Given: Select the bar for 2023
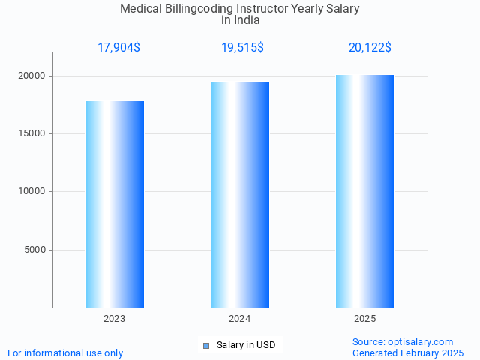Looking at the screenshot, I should click(115, 204).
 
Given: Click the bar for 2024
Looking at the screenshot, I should click(240, 195).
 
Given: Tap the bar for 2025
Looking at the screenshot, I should click(364, 191).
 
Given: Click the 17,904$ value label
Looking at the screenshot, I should click(118, 48).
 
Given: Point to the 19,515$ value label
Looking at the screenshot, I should click(242, 48).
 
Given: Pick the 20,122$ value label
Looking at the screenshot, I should click(370, 48).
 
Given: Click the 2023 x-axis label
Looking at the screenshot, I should click(115, 319).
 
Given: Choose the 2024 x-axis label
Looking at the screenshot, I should click(240, 319).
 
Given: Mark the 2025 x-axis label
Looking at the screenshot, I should click(364, 319).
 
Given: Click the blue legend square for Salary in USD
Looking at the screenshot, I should click(206, 345).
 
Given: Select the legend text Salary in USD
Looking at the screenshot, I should click(246, 345).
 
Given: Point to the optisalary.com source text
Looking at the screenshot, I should click(403, 341).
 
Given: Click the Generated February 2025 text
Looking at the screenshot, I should click(408, 352).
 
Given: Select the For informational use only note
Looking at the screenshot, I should click(65, 352).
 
